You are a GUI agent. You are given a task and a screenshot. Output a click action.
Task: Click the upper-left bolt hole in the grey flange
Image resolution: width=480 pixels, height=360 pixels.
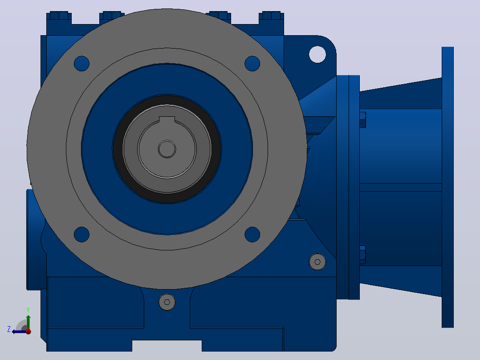82,64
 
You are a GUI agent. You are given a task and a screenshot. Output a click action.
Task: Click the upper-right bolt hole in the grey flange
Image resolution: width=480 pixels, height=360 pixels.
252,64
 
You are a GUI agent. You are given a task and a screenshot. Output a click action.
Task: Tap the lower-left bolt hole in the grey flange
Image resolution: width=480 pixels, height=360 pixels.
82,234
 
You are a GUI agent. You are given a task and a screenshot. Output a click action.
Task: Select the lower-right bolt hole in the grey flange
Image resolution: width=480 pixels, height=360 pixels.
252,234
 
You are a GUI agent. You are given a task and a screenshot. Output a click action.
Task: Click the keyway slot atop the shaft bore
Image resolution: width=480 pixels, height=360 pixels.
167,119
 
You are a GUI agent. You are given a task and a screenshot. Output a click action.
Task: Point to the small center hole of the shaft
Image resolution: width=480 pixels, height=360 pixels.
167,149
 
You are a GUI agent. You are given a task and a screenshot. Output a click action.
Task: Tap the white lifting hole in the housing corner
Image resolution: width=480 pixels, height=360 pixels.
317,54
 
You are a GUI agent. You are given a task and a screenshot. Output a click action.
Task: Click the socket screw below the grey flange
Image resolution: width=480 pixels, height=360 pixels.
167,302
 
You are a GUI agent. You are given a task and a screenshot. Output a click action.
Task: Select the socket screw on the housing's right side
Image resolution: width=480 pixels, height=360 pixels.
317,262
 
